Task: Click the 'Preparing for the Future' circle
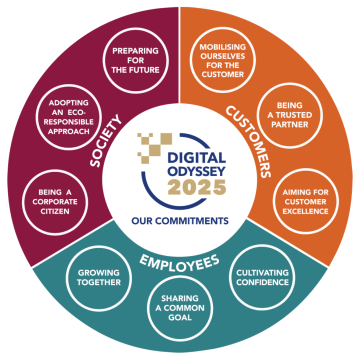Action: (x=135, y=60)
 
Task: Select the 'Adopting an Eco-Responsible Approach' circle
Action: (x=69, y=116)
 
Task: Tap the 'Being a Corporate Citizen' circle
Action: (x=53, y=201)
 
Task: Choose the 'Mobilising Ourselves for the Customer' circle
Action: (x=221, y=60)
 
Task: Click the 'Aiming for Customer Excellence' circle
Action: (x=305, y=201)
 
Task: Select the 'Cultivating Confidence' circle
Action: (x=262, y=277)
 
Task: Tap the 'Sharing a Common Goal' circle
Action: (x=180, y=307)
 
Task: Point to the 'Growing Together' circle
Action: (x=98, y=277)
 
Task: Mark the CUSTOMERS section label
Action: (x=248, y=141)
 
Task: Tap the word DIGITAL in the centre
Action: (x=195, y=157)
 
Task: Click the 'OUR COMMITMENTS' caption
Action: (x=179, y=220)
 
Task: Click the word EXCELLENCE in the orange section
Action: (x=305, y=211)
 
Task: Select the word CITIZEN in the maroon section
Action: (x=53, y=211)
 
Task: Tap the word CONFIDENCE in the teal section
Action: (x=262, y=282)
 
